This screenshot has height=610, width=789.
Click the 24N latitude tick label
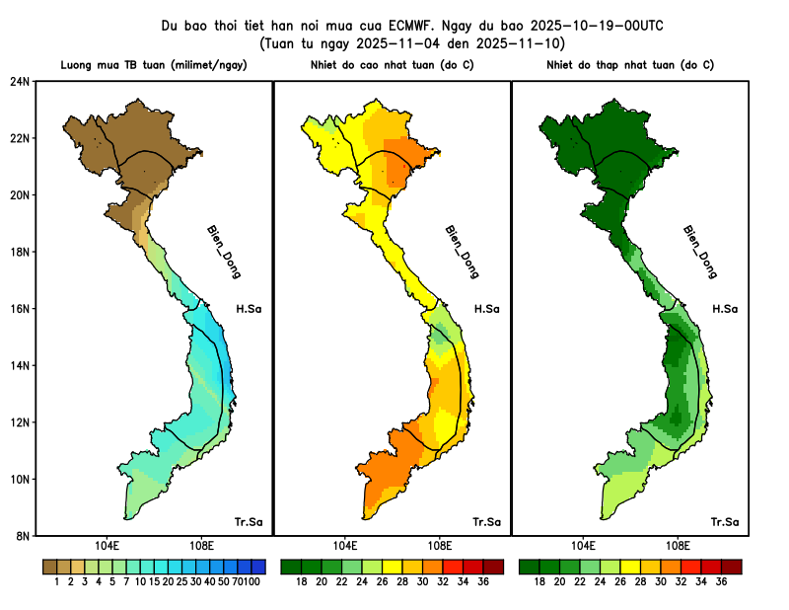click(20, 81)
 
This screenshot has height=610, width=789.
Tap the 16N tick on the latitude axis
click(20, 308)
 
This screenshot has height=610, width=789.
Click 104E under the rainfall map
click(107, 546)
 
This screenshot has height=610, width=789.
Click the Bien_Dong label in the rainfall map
click(224, 252)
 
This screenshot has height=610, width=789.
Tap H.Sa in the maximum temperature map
click(486, 309)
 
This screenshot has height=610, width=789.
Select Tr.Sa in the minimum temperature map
click(725, 521)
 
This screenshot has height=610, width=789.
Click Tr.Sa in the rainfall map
click(248, 521)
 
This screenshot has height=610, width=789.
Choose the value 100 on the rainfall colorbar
click(252, 582)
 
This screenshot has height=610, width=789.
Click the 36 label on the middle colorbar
click(483, 582)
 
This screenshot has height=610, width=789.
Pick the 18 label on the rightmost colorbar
click(540, 582)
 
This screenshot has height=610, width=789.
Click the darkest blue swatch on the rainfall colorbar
click(259, 567)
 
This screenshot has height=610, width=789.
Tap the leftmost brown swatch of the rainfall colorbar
click(49, 567)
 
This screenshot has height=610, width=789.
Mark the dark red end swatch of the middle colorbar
click(494, 567)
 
